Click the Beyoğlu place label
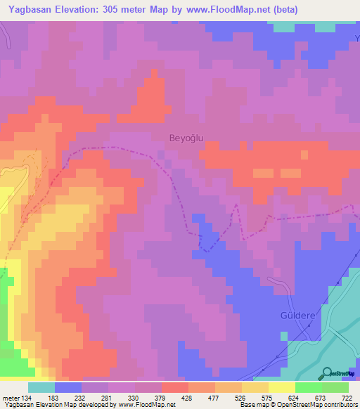point(186,138)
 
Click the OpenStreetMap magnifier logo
point(327,373)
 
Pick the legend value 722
point(347,398)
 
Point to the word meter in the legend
point(11,398)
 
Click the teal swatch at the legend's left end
point(41,387)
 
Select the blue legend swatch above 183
point(68,387)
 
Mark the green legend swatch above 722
point(335,387)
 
